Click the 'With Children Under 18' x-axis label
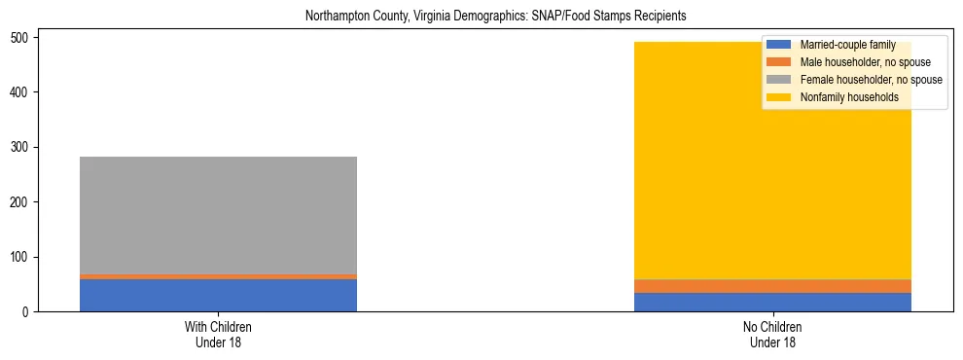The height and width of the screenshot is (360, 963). (218, 335)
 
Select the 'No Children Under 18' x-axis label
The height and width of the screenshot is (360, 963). (772, 335)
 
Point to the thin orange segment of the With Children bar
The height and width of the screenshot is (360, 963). (218, 277)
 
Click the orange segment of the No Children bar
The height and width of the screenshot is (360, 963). (772, 286)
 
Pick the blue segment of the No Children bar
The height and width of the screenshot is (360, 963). (772, 303)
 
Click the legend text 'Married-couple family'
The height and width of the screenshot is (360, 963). (847, 45)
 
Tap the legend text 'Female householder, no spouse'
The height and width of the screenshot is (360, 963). (871, 80)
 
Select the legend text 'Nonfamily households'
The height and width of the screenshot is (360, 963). (849, 97)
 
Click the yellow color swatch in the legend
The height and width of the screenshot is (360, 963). (779, 97)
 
